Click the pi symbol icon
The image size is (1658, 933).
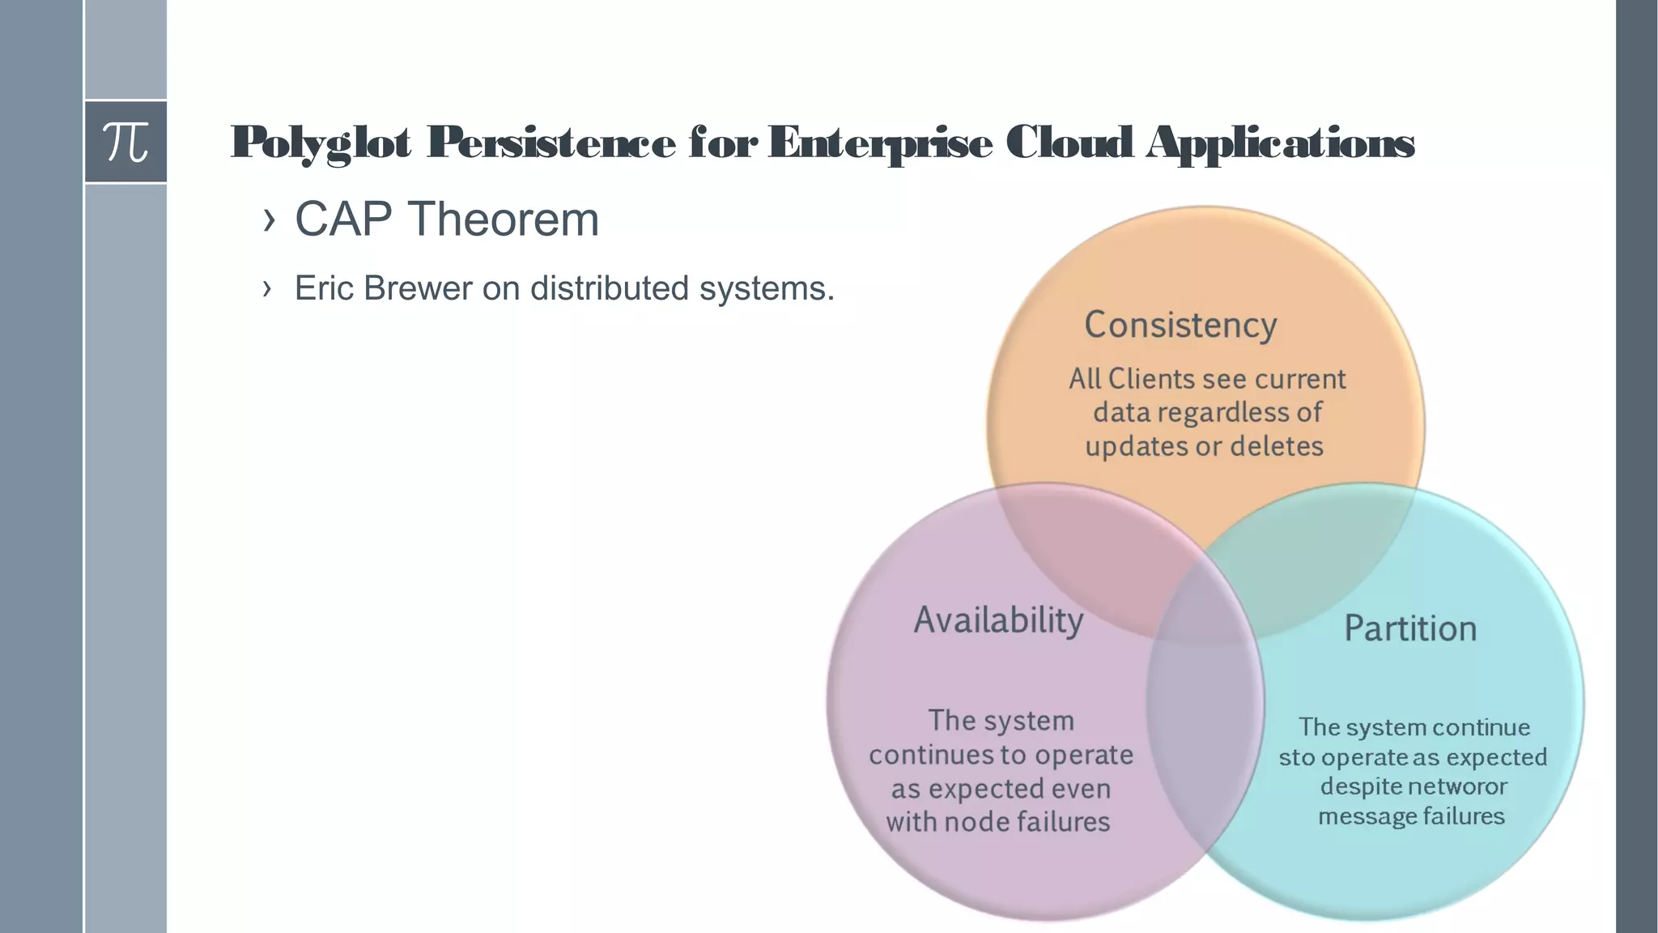(x=125, y=142)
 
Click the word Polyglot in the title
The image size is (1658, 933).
(x=321, y=143)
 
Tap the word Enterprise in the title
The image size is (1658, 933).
(x=879, y=143)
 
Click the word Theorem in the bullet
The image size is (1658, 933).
(x=503, y=219)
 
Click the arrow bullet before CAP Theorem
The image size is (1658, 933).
(x=269, y=219)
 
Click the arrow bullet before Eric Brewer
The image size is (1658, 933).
(x=267, y=288)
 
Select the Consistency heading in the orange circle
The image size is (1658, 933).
(x=1180, y=325)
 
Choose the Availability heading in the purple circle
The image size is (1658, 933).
(x=998, y=620)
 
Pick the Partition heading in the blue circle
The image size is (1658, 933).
(x=1410, y=628)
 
